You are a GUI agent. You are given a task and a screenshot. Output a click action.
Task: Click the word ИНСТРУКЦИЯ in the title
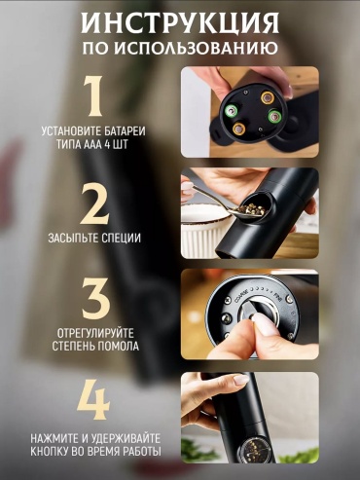click(180, 22)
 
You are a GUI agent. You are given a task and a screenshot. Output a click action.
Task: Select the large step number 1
click(93, 96)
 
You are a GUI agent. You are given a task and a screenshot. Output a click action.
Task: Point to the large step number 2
click(94, 203)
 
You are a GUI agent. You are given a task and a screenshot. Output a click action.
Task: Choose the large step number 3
click(95, 298)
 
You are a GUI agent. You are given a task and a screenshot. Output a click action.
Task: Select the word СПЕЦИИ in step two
click(122, 238)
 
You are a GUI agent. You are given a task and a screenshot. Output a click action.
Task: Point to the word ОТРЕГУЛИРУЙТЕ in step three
click(95, 333)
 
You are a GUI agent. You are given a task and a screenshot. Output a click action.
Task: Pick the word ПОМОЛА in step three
click(119, 346)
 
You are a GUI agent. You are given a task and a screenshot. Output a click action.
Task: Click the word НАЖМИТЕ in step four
click(54, 439)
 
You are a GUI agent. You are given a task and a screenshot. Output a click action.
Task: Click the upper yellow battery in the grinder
click(268, 97)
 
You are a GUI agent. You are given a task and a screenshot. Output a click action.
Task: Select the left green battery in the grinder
click(232, 112)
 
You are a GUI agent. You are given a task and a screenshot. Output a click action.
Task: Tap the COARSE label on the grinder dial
click(240, 294)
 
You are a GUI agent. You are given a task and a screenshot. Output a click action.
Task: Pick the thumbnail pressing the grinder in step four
click(241, 380)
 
